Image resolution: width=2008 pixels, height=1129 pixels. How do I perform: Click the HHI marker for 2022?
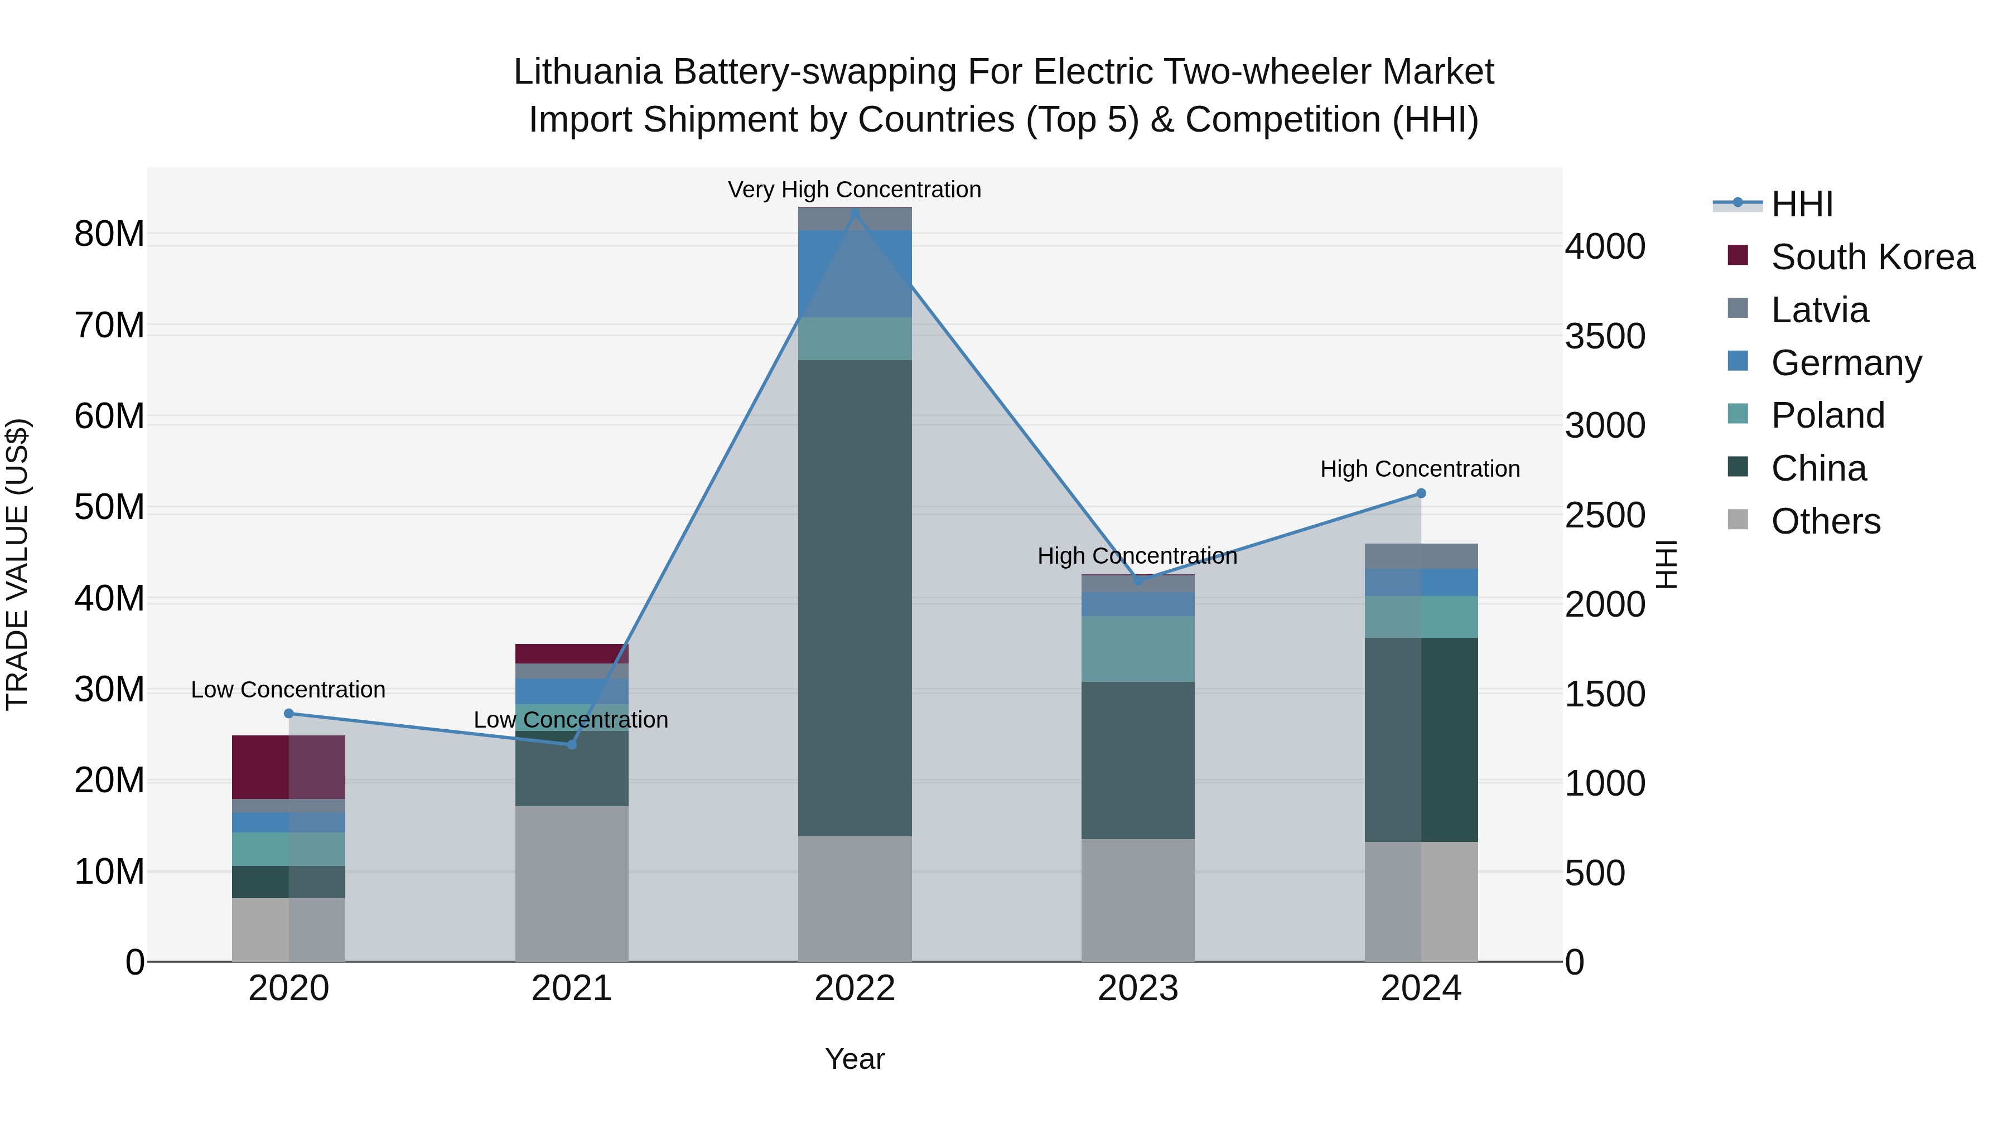[855, 214]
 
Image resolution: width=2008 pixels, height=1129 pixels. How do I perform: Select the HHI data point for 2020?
[288, 714]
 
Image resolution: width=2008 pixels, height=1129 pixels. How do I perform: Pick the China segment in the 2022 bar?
[855, 598]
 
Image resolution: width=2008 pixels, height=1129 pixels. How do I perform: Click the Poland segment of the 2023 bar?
[1137, 649]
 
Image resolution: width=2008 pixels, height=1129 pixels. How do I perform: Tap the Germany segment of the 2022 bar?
[855, 274]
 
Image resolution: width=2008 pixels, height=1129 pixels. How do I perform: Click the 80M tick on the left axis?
[109, 234]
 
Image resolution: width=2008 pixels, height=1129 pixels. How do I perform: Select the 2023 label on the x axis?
[1137, 989]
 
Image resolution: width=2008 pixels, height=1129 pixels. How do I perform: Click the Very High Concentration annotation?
[855, 190]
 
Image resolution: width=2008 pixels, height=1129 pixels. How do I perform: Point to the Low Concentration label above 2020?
[288, 690]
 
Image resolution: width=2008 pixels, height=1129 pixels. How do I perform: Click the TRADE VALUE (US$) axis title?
[17, 564]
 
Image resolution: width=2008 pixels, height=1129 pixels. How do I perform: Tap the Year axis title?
[855, 1059]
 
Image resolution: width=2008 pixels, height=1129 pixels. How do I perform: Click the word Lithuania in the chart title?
[588, 72]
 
